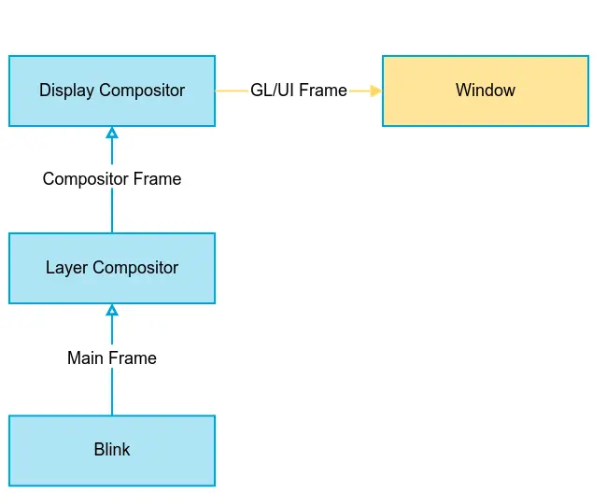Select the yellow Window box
[x=486, y=91]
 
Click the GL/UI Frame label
[x=299, y=91]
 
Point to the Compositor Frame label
[x=112, y=178]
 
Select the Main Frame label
[x=112, y=357]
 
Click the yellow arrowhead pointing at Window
[x=376, y=91]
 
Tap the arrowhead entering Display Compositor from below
[x=112, y=133]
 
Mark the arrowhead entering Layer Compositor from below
[x=112, y=310]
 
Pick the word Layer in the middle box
[x=65, y=268]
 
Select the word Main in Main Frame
[x=86, y=357]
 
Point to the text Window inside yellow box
[x=486, y=91]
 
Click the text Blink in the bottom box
[x=112, y=450]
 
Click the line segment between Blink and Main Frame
[x=112, y=392]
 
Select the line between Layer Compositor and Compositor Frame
[x=112, y=212]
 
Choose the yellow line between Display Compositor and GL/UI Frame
[x=232, y=91]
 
